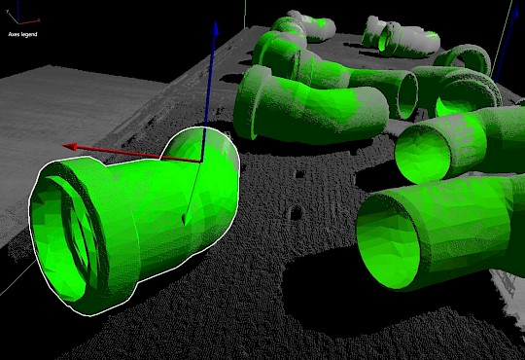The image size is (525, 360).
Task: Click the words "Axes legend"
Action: point(22,34)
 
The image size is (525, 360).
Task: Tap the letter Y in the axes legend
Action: point(7,12)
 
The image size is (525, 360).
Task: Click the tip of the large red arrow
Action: point(63,146)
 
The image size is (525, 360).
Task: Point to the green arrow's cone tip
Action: point(184,224)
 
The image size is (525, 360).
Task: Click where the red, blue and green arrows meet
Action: point(201,162)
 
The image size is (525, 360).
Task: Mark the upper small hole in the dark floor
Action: point(299,174)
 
